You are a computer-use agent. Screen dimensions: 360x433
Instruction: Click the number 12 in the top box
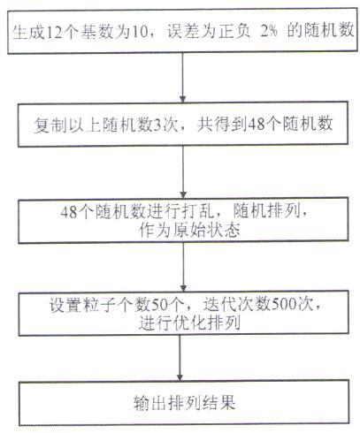coord(54,32)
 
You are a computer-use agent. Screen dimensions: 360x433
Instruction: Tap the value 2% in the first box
coord(269,30)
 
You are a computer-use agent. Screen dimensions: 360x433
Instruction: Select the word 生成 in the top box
coord(29,32)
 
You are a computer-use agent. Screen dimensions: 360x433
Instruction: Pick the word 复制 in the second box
coord(50,125)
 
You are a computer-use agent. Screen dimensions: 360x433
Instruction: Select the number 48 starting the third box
coord(69,211)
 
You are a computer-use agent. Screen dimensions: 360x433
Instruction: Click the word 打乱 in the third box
coord(195,211)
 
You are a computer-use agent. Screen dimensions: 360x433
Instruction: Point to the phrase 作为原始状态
coord(189,230)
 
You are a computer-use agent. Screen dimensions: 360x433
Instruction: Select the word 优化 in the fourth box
coord(189,323)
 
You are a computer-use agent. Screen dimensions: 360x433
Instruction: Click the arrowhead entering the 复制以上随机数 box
coord(183,99)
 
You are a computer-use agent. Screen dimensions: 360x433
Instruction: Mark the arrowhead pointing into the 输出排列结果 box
coord(180,377)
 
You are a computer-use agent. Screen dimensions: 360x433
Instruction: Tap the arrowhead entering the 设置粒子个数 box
coord(183,288)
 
